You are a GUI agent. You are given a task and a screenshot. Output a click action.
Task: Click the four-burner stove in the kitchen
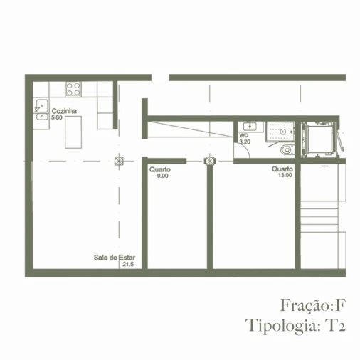73,89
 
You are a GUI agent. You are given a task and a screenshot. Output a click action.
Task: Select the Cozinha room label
64,112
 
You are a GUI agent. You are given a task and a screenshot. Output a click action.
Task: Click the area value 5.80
58,118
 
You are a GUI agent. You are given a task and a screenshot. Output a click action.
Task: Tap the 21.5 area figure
128,264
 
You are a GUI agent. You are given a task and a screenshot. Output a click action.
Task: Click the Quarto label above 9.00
159,169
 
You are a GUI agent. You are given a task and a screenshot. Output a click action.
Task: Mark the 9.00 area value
162,176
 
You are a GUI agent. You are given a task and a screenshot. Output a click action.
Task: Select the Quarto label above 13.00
281,169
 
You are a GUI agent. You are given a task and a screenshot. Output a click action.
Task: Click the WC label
243,135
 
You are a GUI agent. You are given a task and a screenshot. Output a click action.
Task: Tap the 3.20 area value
245,142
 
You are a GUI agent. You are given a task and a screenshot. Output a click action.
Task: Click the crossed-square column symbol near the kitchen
119,160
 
